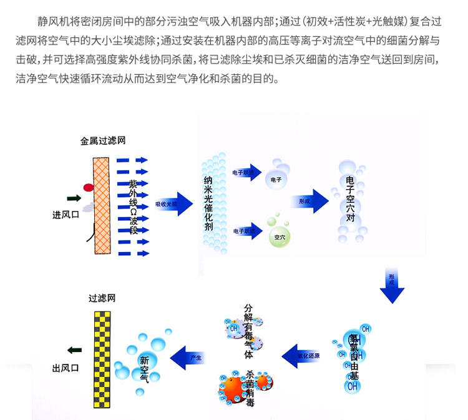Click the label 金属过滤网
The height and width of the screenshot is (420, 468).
(103, 141)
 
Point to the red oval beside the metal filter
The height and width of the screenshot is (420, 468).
(89, 187)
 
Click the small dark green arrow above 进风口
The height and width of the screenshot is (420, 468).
(74, 198)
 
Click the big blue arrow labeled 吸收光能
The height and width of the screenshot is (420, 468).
(174, 204)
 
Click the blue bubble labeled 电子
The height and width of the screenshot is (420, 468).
(276, 179)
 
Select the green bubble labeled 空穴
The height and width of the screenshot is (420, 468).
(277, 237)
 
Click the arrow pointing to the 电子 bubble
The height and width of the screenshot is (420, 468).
(246, 172)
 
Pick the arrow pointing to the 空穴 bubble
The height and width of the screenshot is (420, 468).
(246, 230)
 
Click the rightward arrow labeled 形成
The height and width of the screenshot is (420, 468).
(310, 201)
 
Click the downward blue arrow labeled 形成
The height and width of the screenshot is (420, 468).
(392, 285)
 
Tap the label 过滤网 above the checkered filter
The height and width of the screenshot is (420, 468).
(102, 299)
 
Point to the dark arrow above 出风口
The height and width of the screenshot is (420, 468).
(74, 349)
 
